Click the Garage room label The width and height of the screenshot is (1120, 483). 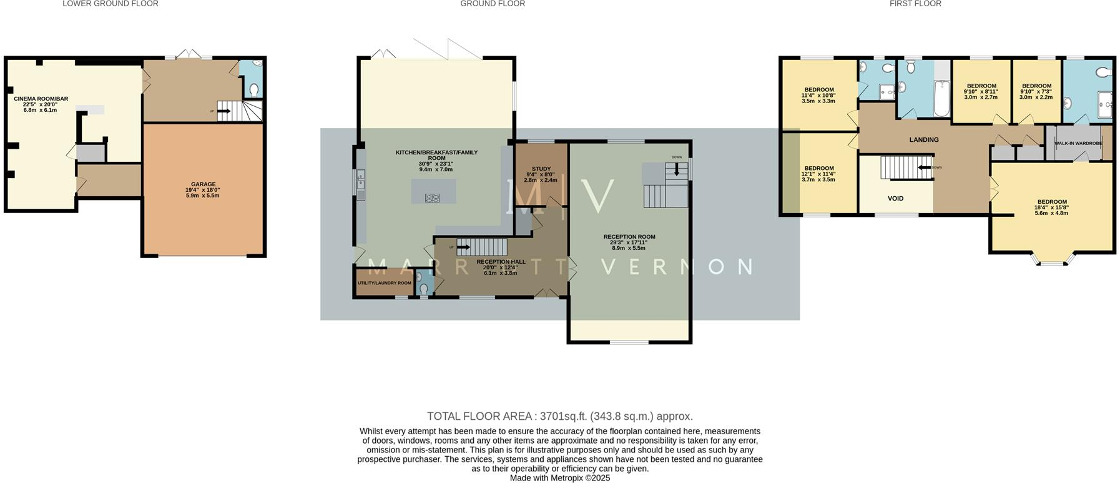(x=203, y=185)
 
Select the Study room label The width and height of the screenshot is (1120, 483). (x=541, y=169)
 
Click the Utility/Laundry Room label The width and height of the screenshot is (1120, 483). (x=384, y=283)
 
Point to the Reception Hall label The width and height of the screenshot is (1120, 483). (x=501, y=262)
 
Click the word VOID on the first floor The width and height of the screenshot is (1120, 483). (x=895, y=199)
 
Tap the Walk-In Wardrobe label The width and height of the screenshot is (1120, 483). (x=1078, y=144)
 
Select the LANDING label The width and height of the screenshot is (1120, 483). (x=923, y=140)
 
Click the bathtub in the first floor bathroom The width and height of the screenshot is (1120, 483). (x=941, y=99)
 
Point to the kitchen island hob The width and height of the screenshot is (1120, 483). (x=432, y=198)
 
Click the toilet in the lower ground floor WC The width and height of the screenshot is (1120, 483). (x=253, y=91)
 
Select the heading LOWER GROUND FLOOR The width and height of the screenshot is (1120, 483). (x=111, y=4)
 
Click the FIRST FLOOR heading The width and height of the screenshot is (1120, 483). (x=915, y=4)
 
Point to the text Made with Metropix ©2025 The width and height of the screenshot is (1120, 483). (x=559, y=478)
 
